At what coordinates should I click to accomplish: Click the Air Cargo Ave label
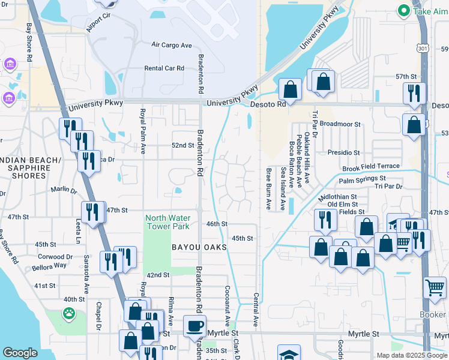pyautogui.click(x=172, y=45)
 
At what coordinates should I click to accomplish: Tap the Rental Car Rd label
pyautogui.click(x=164, y=68)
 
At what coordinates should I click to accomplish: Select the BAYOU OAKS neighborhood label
pyautogui.click(x=199, y=247)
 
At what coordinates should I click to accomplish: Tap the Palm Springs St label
pyautogui.click(x=362, y=179)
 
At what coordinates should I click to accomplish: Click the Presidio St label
pyautogui.click(x=343, y=153)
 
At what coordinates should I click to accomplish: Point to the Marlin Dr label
pyautogui.click(x=64, y=190)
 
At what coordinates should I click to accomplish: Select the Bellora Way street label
pyautogui.click(x=50, y=265)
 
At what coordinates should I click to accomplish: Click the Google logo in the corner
pyautogui.click(x=20, y=353)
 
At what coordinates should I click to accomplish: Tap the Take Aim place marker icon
pyautogui.click(x=404, y=10)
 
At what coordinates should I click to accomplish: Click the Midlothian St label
pyautogui.click(x=337, y=196)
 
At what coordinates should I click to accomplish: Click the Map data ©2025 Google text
pyautogui.click(x=411, y=355)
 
